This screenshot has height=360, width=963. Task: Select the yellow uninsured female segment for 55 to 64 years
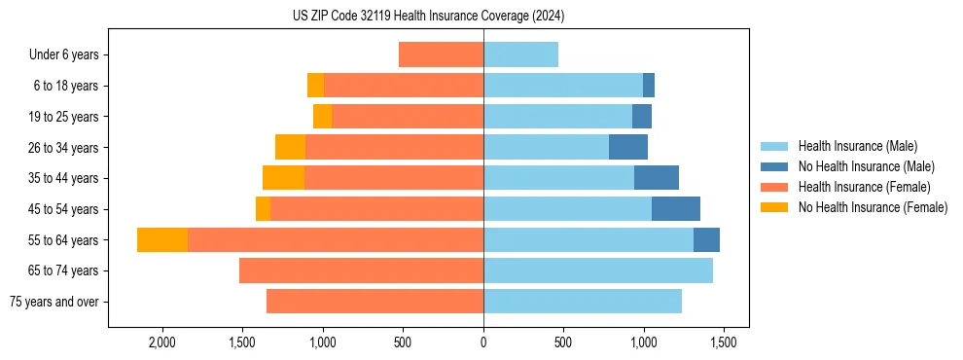162,240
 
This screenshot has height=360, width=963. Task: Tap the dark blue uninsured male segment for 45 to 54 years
676,209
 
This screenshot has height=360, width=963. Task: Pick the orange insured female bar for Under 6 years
441,54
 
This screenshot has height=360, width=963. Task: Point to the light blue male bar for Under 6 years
520,54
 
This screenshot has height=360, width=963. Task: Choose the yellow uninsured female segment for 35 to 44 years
283,178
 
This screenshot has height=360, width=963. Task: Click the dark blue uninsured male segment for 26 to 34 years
628,147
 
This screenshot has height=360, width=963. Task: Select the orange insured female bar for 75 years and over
374,302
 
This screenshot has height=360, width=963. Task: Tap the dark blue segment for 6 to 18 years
649,86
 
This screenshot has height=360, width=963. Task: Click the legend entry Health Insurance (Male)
857,146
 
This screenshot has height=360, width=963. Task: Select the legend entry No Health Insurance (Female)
873,207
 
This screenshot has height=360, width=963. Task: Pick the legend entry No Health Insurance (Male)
866,166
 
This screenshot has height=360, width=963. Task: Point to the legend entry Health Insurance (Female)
864,187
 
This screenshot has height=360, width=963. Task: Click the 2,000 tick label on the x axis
161,342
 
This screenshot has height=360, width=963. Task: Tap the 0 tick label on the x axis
483,342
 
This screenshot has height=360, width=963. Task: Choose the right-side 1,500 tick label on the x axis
723,342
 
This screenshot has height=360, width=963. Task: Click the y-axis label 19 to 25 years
64,117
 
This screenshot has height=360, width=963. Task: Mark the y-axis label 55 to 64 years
64,240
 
